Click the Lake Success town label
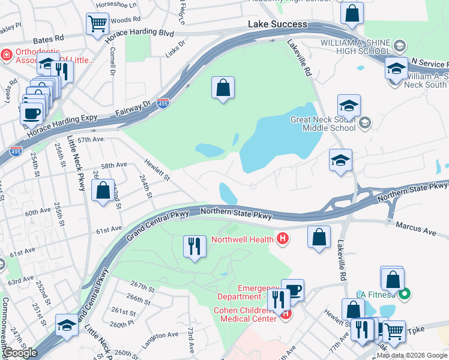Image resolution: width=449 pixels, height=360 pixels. coord(278,25)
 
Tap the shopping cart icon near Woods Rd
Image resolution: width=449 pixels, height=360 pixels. coord(97,24)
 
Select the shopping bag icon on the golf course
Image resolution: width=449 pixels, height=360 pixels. coord(223,88)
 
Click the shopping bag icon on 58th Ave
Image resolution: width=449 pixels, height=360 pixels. coord(103,191)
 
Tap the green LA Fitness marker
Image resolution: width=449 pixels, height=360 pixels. coord(405,294)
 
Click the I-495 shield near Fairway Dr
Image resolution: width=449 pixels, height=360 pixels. coord(162,104)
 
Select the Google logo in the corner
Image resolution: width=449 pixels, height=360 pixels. coord(20,353)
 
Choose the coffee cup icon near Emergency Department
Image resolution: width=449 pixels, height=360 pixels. coord(293,289)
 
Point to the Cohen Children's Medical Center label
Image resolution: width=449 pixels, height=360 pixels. coord(244,314)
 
